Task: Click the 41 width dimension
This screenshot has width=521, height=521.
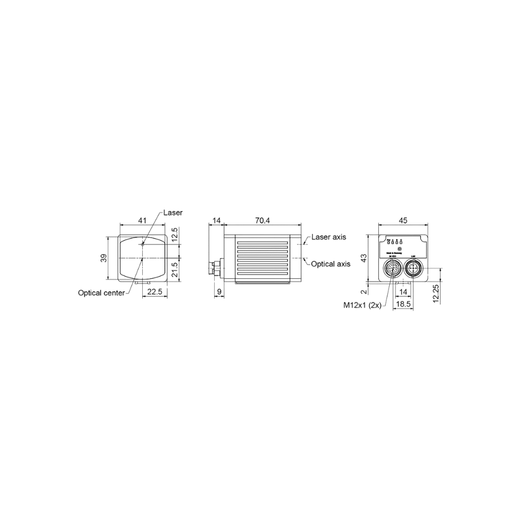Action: (142, 221)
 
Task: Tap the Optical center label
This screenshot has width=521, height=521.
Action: (101, 293)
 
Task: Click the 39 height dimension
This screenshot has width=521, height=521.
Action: (104, 257)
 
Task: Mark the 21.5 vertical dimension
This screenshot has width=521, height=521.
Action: (176, 270)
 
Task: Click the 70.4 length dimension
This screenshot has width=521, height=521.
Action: (263, 221)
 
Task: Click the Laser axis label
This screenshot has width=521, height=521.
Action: (329, 238)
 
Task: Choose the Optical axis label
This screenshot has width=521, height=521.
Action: (330, 265)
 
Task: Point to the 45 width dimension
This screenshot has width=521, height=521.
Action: (402, 221)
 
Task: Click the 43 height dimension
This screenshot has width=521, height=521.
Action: (365, 257)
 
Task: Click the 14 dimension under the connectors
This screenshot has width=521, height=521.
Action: (403, 293)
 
